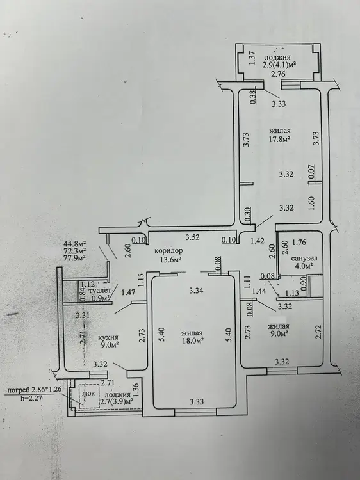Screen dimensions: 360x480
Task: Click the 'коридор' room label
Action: pos(168,251)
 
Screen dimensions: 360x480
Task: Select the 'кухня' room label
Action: pos(108,337)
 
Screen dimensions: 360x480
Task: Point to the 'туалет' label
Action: pos(99,291)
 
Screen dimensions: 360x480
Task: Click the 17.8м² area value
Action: pos(280,139)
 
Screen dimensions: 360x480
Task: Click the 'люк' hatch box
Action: pos(89,394)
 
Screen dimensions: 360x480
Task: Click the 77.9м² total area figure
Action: pos(74,257)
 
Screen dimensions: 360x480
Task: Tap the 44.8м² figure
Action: pos(74,244)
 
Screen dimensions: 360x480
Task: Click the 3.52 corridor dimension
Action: pos(193,236)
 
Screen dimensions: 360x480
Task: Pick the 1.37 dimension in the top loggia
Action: pos(252,58)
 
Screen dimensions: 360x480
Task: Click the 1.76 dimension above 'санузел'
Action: pos(299,243)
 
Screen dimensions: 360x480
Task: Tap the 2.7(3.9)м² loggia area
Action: pos(119,401)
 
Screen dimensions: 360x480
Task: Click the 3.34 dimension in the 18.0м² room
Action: pos(196,290)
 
